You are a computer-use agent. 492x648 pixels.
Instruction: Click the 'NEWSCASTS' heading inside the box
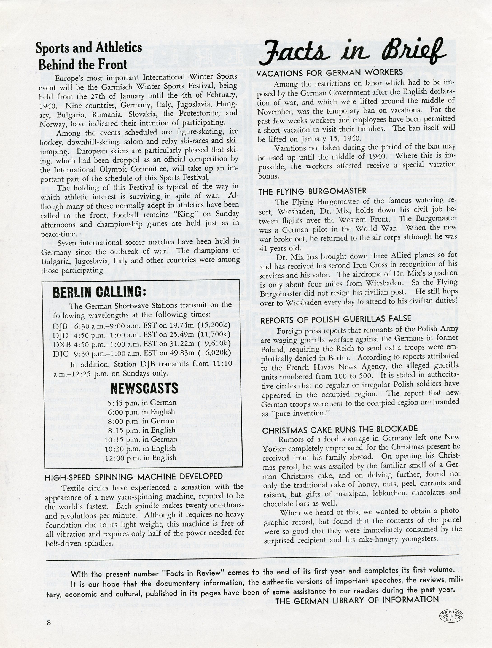[144, 389]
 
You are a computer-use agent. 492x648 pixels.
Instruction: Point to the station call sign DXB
[60, 344]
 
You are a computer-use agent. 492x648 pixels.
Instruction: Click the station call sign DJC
[60, 354]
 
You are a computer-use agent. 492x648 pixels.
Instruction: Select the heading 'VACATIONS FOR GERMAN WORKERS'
[330, 73]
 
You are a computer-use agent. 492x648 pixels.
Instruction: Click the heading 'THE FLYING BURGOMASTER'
[312, 191]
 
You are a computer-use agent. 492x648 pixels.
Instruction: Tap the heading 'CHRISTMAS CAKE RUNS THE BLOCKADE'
[340, 430]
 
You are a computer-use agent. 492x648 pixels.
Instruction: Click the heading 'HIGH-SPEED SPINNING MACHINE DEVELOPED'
[133, 477]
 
